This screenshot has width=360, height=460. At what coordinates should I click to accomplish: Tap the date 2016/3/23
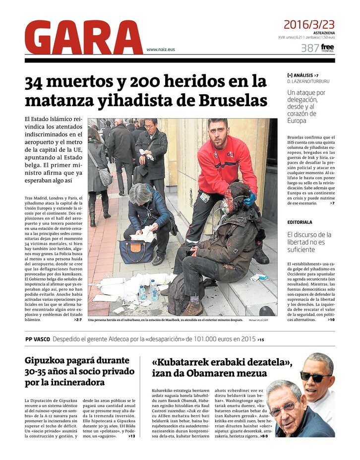pyautogui.click(x=309, y=24)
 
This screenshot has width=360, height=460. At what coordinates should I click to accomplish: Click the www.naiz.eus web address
pyautogui.click(x=160, y=50)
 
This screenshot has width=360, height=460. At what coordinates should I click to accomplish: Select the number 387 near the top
pyautogui.click(x=309, y=48)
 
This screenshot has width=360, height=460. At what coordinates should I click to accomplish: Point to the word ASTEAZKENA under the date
pyautogui.click(x=323, y=33)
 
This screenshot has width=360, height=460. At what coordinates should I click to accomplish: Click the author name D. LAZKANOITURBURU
pyautogui.click(x=308, y=81)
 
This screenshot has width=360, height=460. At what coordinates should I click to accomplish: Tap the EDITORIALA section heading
pyautogui.click(x=300, y=222)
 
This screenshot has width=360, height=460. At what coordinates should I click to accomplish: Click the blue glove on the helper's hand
pyautogui.click(x=250, y=199)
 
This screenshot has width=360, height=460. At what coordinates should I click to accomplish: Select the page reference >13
pyautogui.click(x=131, y=436)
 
